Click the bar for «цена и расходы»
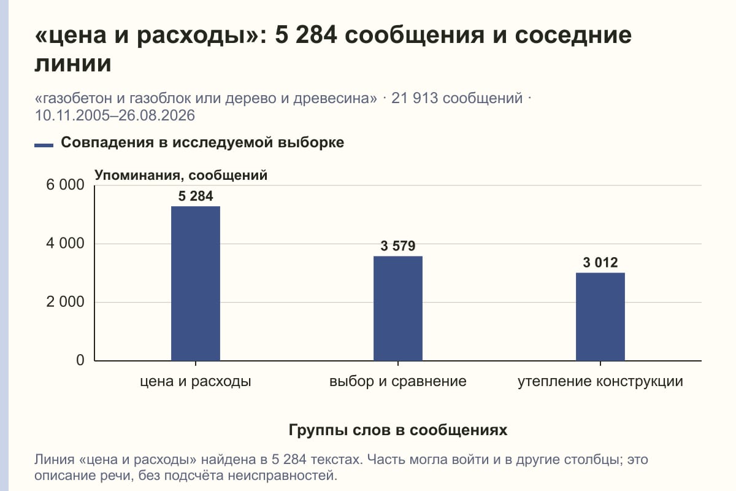196,284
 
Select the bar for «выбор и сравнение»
398,309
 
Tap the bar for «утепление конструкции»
600,317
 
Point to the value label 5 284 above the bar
196,196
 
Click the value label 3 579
398,246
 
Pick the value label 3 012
600,263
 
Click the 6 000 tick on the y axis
65,185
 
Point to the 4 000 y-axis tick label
65,244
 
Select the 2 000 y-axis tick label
65,302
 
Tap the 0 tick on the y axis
80,360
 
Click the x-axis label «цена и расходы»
196,382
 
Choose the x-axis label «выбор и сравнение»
398,382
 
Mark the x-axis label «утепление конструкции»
600,382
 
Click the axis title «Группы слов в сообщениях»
398,430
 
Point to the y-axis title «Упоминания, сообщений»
181,176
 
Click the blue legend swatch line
44,145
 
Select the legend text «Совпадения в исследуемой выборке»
202,142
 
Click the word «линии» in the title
73,63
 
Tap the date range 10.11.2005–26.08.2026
115,115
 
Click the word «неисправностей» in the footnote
283,476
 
